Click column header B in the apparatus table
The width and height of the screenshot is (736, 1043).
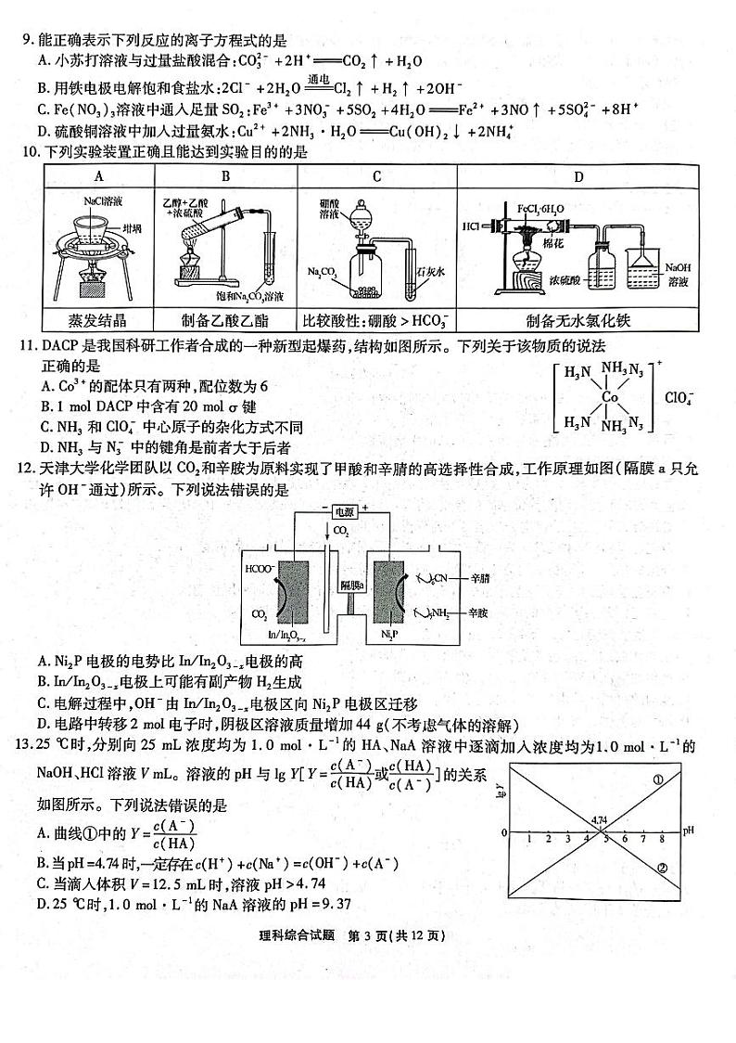[x=226, y=176]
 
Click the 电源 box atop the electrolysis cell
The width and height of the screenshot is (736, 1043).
[x=343, y=510]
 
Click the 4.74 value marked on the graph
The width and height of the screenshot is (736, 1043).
[x=598, y=820]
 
